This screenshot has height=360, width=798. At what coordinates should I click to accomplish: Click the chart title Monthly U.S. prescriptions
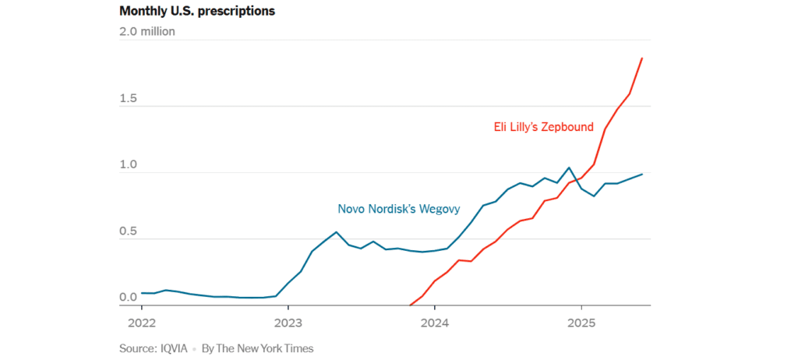(197, 12)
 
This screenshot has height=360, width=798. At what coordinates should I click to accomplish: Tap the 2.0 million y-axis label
(147, 32)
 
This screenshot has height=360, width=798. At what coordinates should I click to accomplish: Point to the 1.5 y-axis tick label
(129, 99)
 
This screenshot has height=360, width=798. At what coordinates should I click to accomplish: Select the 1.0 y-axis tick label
(129, 165)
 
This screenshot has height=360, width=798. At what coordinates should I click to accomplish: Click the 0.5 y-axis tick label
(129, 231)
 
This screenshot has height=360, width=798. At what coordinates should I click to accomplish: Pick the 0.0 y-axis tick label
(129, 298)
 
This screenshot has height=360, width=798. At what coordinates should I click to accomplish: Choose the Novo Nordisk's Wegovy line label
(399, 209)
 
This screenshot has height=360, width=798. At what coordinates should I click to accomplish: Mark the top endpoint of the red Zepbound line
(642, 58)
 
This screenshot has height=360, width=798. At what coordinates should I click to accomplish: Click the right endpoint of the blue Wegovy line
(642, 174)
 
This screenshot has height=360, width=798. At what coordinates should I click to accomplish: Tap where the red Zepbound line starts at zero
(410, 305)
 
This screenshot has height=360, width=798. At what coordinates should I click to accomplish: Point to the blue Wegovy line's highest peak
(569, 168)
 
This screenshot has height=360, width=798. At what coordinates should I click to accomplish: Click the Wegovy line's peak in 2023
(336, 232)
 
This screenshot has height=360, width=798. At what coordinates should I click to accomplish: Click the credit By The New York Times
(257, 348)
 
